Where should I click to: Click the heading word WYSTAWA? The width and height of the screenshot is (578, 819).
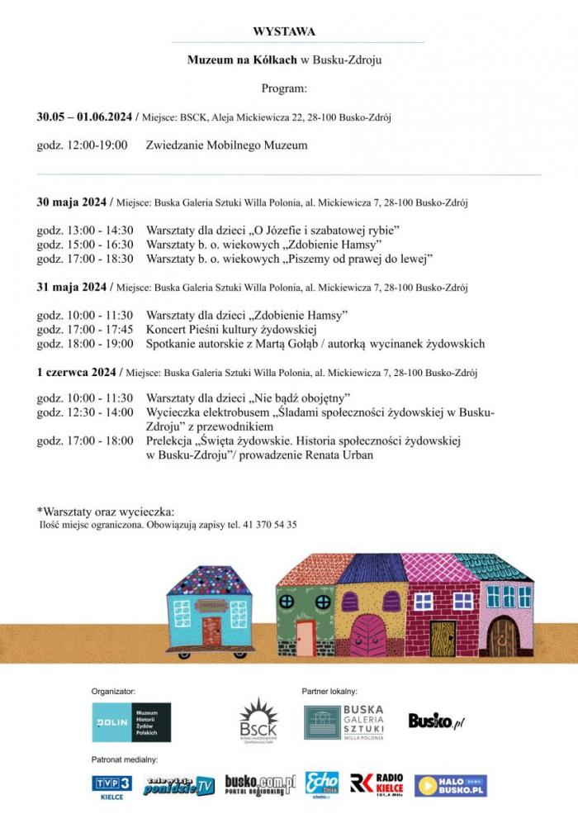[284, 31]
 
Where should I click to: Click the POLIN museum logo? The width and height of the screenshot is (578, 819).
[131, 722]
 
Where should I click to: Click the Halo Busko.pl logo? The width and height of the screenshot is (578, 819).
[450, 785]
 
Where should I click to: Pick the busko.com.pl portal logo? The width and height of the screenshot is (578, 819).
[259, 784]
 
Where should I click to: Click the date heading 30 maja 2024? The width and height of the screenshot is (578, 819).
[72, 202]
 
